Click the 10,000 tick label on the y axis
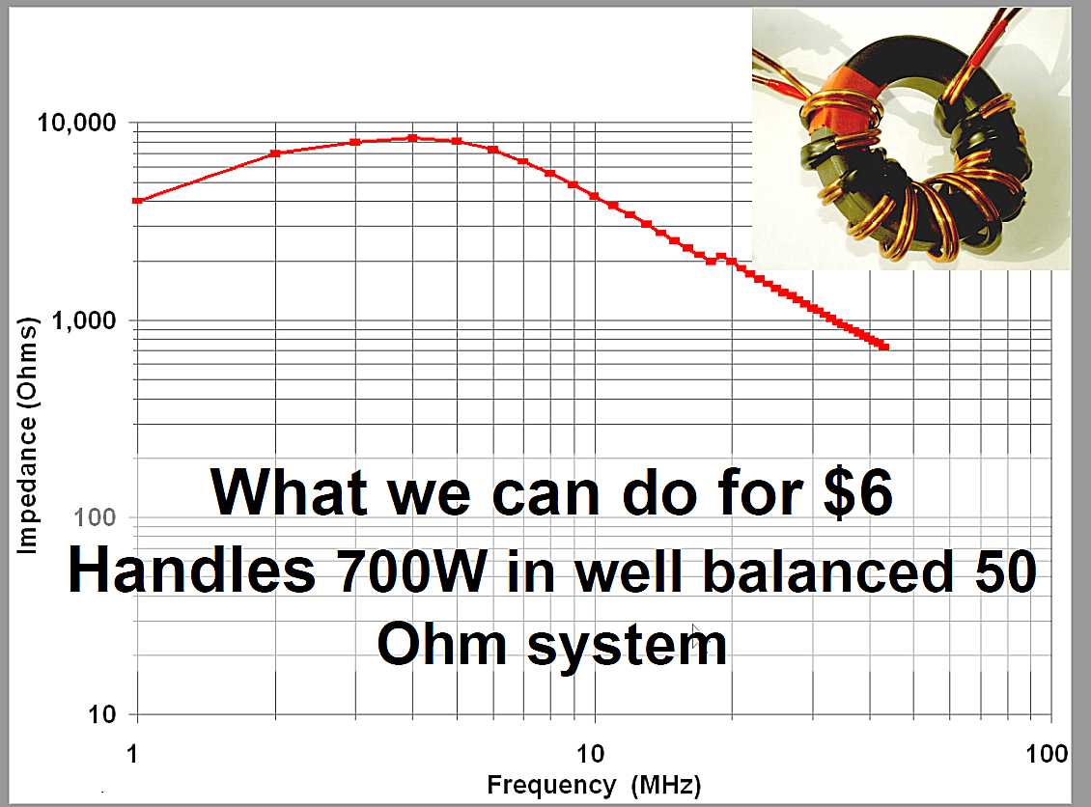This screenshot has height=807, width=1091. coord(76,123)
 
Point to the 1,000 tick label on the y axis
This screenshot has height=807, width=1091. coord(84,320)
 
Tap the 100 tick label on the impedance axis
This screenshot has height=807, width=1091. coord(95,516)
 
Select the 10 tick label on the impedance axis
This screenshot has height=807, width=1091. coord(101,713)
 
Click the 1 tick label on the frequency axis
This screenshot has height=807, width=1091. coord(133,754)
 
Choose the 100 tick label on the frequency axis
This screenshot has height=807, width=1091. coord(1047,754)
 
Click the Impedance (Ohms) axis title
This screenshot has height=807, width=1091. coord(26,436)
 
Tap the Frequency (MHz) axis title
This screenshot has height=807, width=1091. coord(594,785)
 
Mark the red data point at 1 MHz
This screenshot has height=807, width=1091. coord(137,201)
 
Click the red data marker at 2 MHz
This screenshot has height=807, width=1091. coord(275,153)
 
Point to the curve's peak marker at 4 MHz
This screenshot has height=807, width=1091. coord(412,138)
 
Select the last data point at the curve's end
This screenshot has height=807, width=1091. coord(884,347)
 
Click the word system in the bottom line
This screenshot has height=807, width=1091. coord(627,645)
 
